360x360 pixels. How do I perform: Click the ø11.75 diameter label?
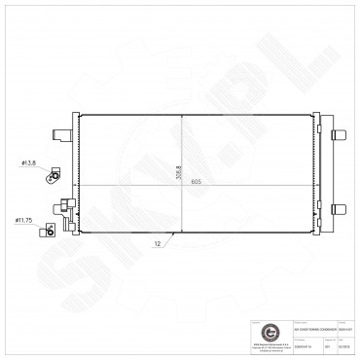point(24,221)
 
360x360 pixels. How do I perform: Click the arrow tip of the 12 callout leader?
point(173,232)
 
